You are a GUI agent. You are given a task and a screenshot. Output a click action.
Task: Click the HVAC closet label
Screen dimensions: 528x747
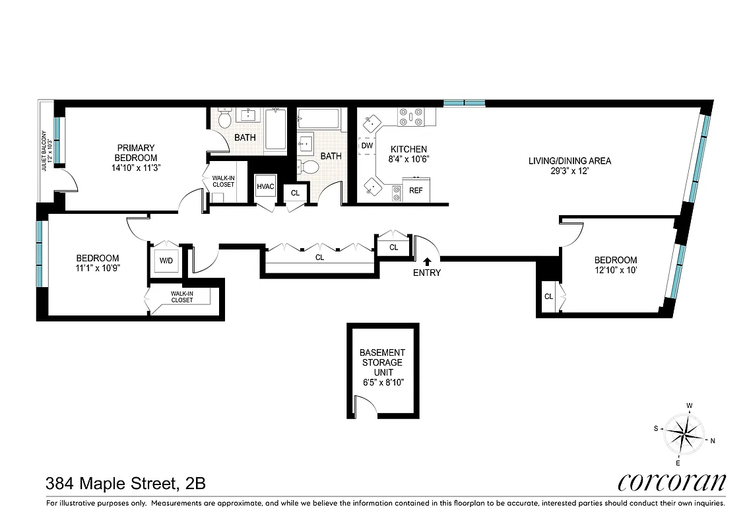point(265,187)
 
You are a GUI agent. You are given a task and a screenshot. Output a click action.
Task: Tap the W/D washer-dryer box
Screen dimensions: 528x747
point(165,261)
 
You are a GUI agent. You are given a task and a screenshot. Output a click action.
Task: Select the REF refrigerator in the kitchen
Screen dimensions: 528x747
point(416,190)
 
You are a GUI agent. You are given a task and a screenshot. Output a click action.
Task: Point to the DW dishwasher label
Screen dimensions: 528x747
point(367,145)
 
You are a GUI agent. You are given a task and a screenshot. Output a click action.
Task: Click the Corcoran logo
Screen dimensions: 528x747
point(672,482)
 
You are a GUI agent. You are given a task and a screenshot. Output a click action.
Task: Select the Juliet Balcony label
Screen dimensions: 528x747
point(46,142)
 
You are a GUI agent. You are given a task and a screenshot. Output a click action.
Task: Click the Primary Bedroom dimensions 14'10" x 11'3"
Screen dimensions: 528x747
point(137,168)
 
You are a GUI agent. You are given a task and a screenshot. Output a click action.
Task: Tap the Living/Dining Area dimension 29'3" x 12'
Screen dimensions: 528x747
point(570,171)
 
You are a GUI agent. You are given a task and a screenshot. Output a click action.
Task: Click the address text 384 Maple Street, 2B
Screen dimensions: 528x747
point(125,483)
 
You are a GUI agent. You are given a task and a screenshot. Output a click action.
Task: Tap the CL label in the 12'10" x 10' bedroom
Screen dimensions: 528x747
point(548,296)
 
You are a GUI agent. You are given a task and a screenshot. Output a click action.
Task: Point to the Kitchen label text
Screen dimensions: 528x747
point(408,149)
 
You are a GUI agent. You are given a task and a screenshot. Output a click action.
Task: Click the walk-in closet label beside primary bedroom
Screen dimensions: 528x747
point(223,181)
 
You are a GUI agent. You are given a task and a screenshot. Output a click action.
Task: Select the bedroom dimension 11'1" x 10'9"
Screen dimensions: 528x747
point(98,268)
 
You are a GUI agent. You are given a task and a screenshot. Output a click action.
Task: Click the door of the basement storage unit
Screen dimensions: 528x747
point(365,405)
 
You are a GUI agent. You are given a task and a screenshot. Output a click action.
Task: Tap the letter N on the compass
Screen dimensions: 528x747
point(713,442)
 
